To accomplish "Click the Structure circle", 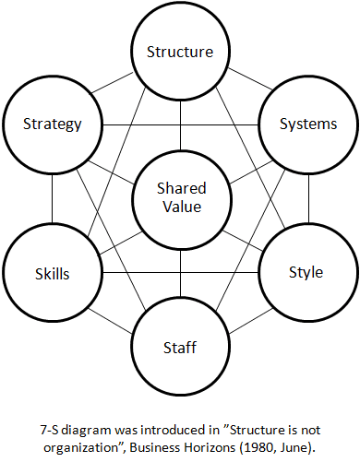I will pos(180,52).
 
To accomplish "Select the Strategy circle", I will pos(52,124).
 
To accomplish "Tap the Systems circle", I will pos(308,124).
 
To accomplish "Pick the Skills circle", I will pos(52,274).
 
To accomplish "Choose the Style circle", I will pos(307,272).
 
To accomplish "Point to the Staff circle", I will pos(180,348).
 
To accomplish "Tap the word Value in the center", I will pos(180,207).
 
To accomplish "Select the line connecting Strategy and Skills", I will pos(52,198).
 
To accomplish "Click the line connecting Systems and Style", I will pos(308,198).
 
